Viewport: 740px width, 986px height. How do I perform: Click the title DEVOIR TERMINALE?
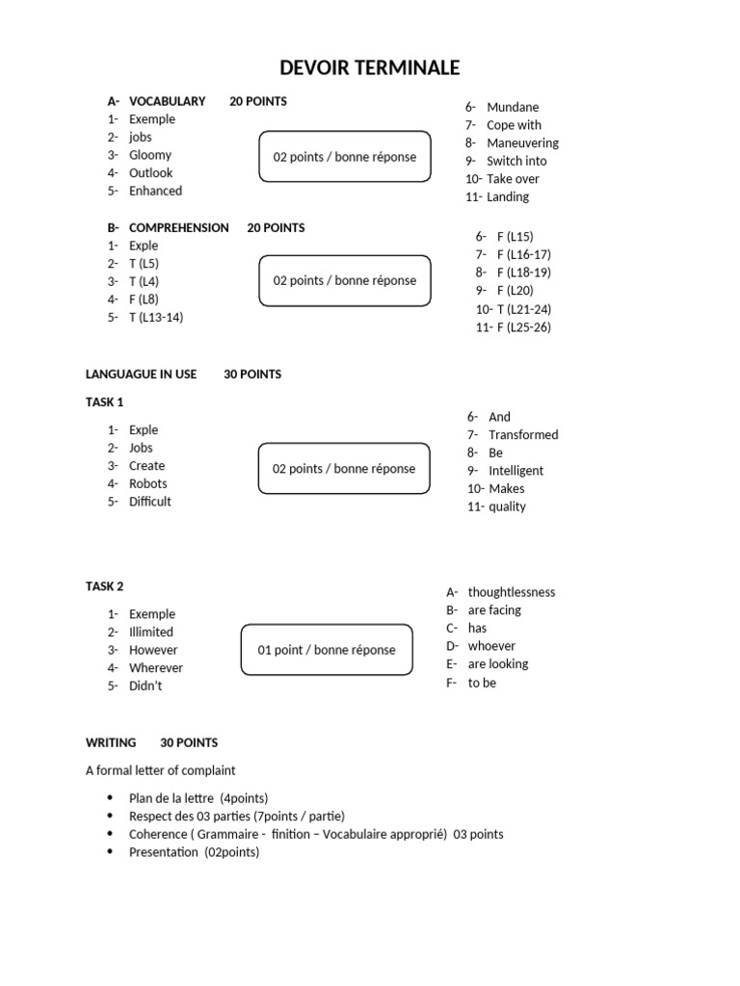click(369, 67)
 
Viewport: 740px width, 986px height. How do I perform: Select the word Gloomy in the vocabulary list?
click(150, 155)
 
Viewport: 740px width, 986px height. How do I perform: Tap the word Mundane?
click(513, 107)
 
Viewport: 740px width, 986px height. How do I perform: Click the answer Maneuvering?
click(522, 143)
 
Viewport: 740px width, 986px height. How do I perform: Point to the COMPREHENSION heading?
click(178, 228)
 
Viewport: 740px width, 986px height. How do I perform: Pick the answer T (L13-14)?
click(155, 317)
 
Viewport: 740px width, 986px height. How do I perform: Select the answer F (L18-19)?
click(524, 272)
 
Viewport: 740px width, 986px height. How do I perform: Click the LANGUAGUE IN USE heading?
click(141, 375)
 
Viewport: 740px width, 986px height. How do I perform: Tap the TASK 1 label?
click(105, 402)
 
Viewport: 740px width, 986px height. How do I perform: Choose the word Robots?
click(148, 483)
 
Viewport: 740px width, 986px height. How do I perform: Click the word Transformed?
click(523, 435)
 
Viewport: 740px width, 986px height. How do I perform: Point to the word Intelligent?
click(515, 471)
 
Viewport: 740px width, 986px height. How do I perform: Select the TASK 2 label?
click(105, 586)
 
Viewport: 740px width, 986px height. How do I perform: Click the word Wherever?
click(156, 668)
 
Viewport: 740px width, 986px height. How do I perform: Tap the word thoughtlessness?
click(512, 592)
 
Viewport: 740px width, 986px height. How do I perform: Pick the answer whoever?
click(491, 646)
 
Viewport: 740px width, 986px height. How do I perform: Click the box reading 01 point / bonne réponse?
click(326, 650)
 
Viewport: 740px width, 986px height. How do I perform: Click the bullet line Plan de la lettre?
click(198, 798)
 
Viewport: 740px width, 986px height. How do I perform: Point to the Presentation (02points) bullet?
click(194, 852)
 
